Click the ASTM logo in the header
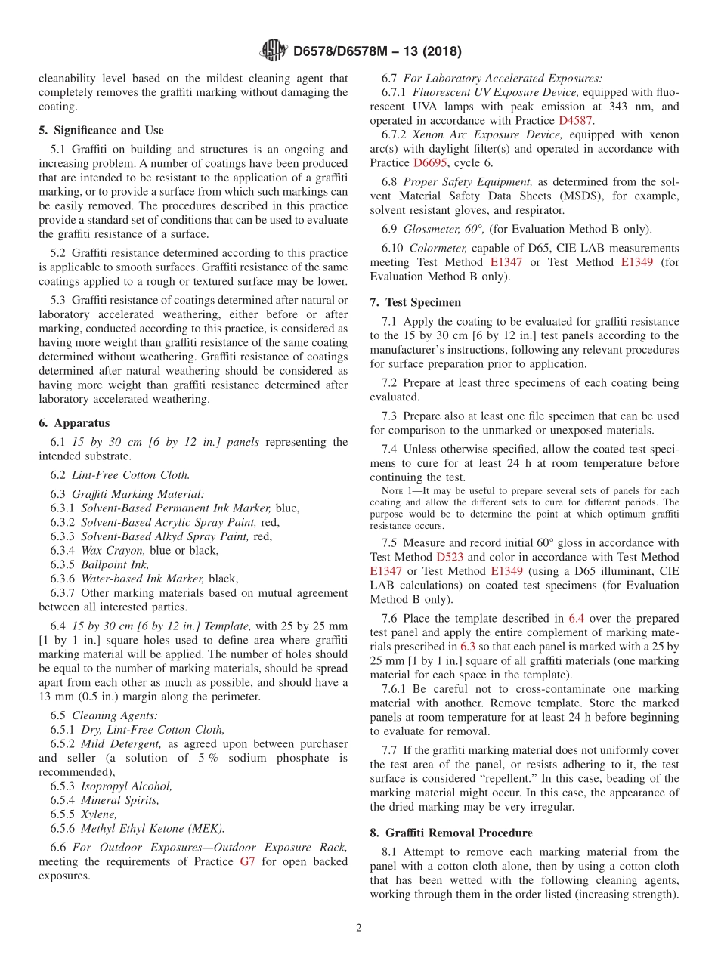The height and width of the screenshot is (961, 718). coord(273,51)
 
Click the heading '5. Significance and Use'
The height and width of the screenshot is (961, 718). coord(101,130)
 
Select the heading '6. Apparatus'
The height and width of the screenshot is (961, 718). coord(74,423)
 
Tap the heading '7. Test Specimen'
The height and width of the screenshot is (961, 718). coord(415,302)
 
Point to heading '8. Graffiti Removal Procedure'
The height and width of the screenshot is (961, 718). coord(451,833)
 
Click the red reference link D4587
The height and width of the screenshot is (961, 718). coord(575,120)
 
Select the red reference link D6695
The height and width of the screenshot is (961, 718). coord(432,162)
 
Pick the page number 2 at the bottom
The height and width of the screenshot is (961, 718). coord(359,928)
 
